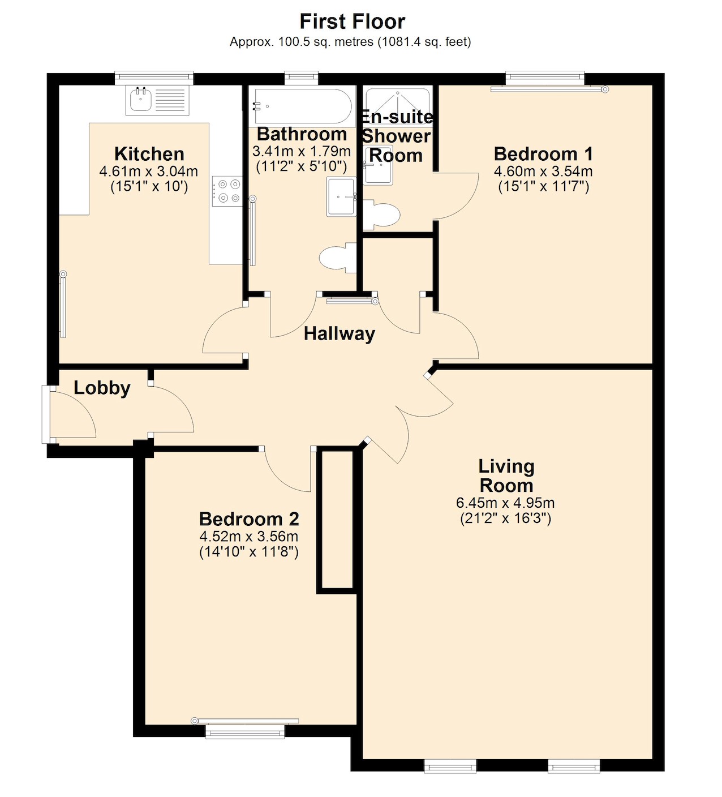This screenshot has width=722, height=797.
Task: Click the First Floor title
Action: [352, 22]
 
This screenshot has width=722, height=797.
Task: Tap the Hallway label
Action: [339, 333]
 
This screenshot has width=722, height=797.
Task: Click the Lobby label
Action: [102, 388]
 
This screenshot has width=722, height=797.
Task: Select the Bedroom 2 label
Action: [249, 519]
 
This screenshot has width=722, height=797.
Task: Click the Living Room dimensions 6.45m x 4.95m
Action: [505, 503]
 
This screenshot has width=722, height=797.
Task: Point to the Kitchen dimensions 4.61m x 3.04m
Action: [148, 171]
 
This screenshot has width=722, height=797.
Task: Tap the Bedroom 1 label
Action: [543, 154]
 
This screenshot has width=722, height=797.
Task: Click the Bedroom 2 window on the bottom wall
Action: [245, 732]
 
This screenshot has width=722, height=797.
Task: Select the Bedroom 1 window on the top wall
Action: [544, 78]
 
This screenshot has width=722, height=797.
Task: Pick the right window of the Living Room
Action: [574, 766]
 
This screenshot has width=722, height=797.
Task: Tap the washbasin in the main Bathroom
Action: [341, 197]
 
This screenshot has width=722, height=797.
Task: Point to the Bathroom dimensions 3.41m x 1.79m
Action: [302, 152]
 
